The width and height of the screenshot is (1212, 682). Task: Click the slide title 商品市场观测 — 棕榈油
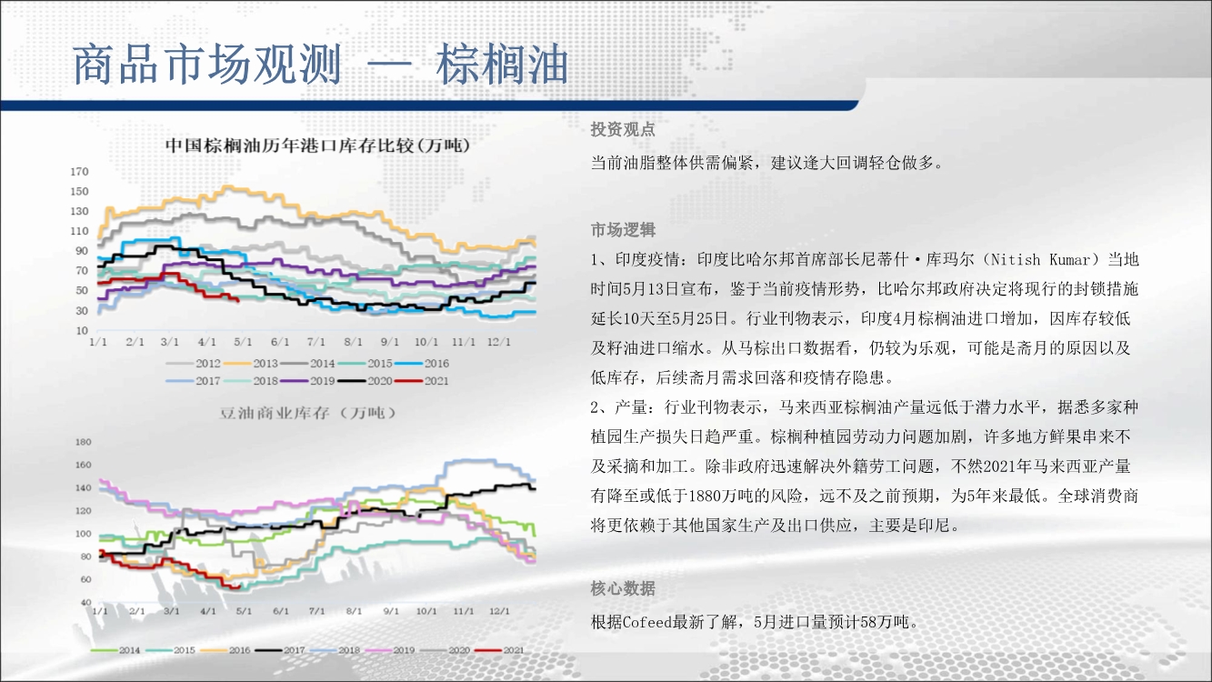coord(320,65)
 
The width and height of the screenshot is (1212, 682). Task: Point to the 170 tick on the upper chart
coord(79,172)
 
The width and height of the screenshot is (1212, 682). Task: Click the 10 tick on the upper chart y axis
coord(82,330)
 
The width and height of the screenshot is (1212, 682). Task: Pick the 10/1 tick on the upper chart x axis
coord(426,342)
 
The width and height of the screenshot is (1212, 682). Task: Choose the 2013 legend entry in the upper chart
coord(251,364)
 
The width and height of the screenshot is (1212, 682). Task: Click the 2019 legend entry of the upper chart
coord(308,381)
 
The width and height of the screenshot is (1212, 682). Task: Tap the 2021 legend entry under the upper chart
coord(422,381)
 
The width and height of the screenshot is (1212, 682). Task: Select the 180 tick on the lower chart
coord(84,442)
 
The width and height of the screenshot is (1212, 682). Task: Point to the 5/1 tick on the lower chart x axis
coord(244,611)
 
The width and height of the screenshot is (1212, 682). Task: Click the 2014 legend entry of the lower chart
coord(115,650)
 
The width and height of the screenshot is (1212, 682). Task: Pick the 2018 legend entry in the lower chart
coord(336,650)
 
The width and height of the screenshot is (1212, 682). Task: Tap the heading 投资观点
coord(623,129)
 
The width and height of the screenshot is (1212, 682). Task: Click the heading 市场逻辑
coord(623,230)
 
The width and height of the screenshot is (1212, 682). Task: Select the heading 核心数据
coord(623,587)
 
